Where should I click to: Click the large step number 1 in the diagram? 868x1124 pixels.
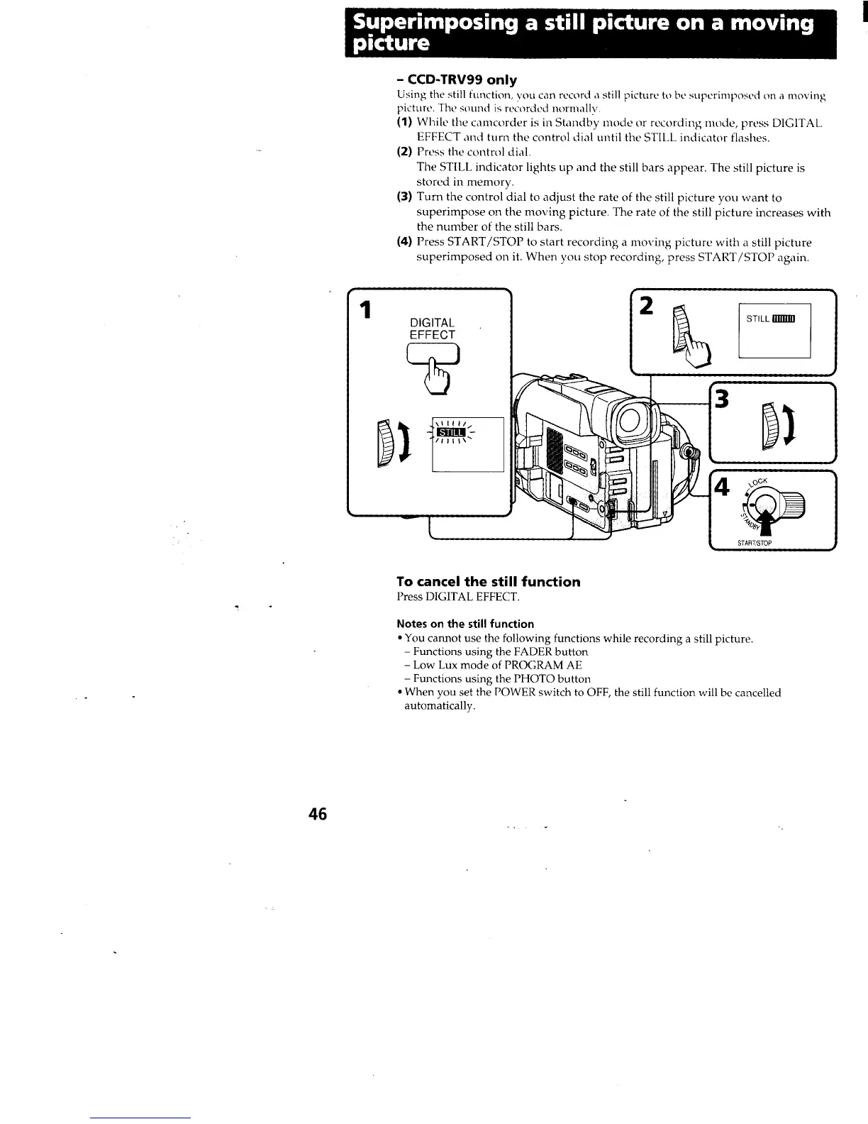click(365, 310)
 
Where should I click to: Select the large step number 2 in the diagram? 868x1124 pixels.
click(646, 307)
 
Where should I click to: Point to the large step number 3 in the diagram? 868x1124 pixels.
click(723, 400)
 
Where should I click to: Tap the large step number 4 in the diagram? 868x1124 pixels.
click(723, 487)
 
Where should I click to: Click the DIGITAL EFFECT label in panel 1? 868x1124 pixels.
click(432, 329)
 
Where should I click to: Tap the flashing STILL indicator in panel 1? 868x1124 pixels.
click(450, 432)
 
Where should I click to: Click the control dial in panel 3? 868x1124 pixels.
click(771, 426)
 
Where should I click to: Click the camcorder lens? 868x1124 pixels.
click(631, 421)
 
